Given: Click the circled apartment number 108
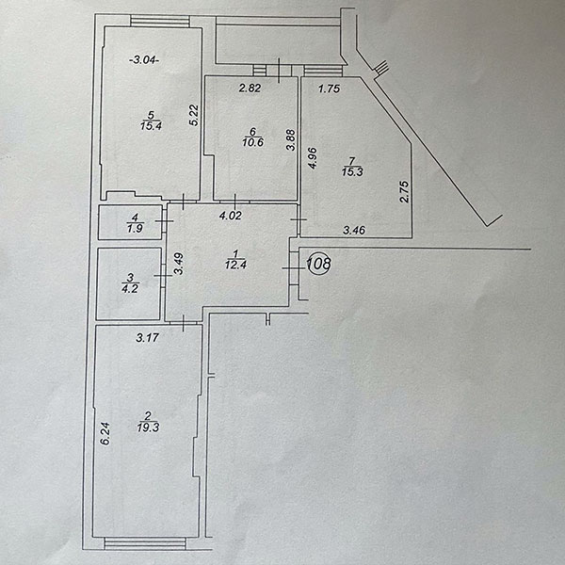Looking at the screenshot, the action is click(x=319, y=264).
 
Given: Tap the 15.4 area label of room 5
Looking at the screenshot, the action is click(x=152, y=126).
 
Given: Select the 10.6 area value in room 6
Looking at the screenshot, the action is click(x=253, y=142).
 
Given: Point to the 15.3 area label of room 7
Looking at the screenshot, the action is click(x=352, y=172).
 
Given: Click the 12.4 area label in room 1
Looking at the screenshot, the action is click(x=236, y=265).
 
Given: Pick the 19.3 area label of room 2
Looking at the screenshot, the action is click(x=148, y=428).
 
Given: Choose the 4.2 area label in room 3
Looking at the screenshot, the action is click(x=130, y=289).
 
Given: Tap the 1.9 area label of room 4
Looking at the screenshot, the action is click(x=135, y=228).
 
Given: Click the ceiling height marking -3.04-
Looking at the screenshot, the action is click(x=144, y=60).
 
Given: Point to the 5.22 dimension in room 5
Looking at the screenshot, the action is click(x=194, y=115).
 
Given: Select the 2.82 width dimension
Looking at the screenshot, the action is click(x=250, y=88).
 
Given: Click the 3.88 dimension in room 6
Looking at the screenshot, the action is click(x=291, y=139).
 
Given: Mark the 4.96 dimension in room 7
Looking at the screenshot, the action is click(x=313, y=158).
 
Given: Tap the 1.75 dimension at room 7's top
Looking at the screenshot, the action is click(x=330, y=89).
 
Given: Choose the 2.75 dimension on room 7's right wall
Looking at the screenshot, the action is click(x=405, y=192).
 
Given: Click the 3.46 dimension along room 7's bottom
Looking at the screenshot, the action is click(x=354, y=230).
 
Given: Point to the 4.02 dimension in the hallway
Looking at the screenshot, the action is click(x=231, y=216).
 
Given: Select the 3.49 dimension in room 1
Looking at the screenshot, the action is click(x=179, y=264).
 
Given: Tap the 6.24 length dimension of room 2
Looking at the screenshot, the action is click(x=105, y=434).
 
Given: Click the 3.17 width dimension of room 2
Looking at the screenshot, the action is click(x=148, y=338).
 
